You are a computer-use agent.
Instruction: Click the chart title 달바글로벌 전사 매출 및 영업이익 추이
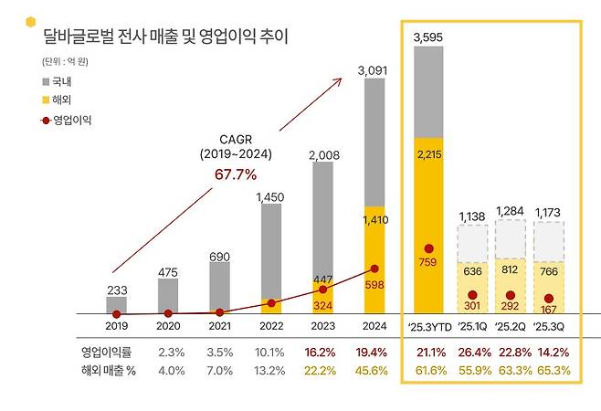(165, 37)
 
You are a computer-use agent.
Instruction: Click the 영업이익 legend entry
(66, 119)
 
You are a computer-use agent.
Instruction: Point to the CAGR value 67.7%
(236, 174)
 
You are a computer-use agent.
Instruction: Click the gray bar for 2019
(116, 305)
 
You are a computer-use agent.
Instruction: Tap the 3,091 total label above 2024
(379, 68)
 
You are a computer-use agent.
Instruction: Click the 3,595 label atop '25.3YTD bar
(428, 37)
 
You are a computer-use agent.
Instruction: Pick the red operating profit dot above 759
(428, 248)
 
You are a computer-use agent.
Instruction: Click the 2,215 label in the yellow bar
(428, 155)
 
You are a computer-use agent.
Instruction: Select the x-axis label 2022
(271, 324)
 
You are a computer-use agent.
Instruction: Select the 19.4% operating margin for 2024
(377, 351)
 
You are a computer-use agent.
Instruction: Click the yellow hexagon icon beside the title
(31, 22)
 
